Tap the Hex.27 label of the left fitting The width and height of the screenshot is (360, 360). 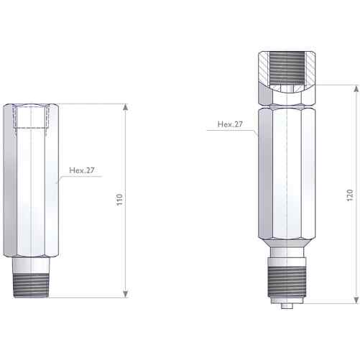coord(82,171)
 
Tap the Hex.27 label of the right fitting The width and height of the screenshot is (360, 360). coord(230,124)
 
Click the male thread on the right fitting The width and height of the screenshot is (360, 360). coord(287,281)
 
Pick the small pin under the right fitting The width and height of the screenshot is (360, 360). coord(287,307)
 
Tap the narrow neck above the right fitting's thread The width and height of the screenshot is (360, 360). coord(287,255)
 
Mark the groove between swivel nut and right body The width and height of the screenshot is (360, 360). coord(287,103)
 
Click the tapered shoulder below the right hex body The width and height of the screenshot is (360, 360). coord(287,244)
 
